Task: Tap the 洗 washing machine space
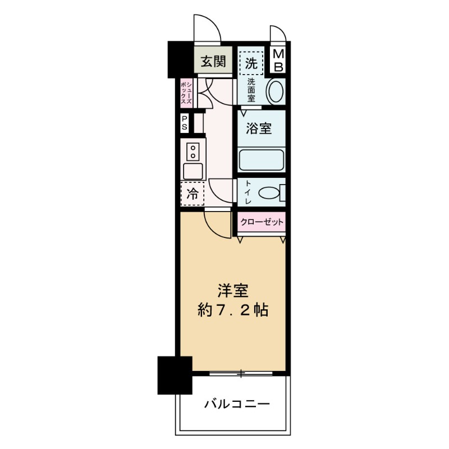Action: coord(251,62)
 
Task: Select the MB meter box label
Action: coord(279,60)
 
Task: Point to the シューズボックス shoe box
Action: coord(185,93)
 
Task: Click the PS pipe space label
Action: coord(184,123)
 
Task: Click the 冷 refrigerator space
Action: coord(192,195)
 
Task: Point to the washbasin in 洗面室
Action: coord(275,91)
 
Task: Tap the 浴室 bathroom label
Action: coord(259,129)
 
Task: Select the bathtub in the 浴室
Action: coord(261,159)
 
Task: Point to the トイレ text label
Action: coord(248,193)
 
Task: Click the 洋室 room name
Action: coord(233,291)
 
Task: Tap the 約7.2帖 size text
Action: coord(233,310)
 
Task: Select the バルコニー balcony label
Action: coord(237,404)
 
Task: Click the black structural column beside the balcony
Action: coord(175,374)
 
